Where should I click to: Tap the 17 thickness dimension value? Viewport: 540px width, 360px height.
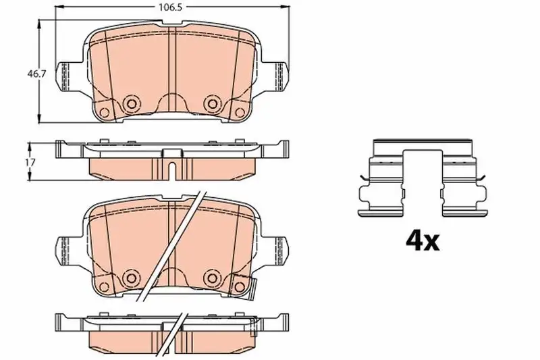pyautogui.click(x=30, y=162)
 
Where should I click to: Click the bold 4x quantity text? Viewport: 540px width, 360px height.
pyautogui.click(x=423, y=241)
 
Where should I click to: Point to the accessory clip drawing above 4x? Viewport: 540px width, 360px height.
pyautogui.click(x=423, y=178)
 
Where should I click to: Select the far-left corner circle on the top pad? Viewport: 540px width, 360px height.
pyautogui.click(x=104, y=112)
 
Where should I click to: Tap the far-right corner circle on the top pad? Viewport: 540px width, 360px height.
pyautogui.click(x=240, y=112)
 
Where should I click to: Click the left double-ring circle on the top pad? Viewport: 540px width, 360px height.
pyautogui.click(x=131, y=103)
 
